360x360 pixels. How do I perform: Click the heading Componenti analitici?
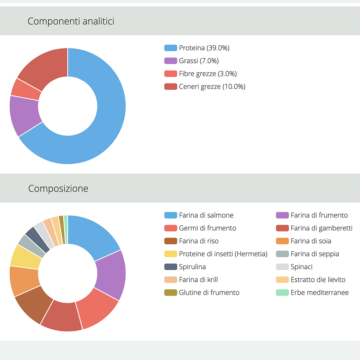(x=71, y=21)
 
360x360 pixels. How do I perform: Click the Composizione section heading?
(x=58, y=188)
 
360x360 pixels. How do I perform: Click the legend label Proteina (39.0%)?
(x=204, y=48)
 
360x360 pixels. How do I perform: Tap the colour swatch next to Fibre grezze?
(x=171, y=74)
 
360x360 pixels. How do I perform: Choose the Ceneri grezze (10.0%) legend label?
(x=212, y=87)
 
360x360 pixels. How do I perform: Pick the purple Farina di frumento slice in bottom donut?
(x=111, y=274)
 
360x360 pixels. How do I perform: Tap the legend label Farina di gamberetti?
(x=321, y=228)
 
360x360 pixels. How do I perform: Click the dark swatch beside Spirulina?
(x=171, y=267)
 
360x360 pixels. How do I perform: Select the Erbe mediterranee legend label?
(x=320, y=293)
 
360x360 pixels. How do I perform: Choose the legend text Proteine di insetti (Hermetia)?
(x=223, y=254)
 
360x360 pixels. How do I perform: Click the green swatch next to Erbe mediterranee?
(x=282, y=293)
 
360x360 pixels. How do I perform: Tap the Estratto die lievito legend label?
(x=318, y=280)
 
